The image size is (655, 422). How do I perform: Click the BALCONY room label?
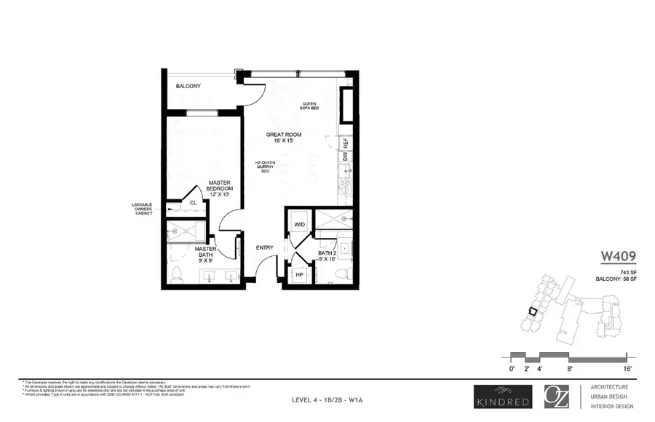pyautogui.click(x=188, y=87)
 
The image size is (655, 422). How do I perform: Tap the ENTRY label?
pyautogui.click(x=264, y=248)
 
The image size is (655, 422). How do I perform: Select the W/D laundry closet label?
pyautogui.click(x=298, y=223)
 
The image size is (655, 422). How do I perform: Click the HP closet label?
pyautogui.click(x=298, y=274)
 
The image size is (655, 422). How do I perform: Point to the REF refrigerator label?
pyautogui.click(x=346, y=143)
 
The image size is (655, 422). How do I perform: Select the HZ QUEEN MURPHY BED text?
pyautogui.click(x=263, y=167)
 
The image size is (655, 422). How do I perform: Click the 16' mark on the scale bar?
pyautogui.click(x=626, y=369)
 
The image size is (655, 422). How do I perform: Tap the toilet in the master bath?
pyautogui.click(x=176, y=274)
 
